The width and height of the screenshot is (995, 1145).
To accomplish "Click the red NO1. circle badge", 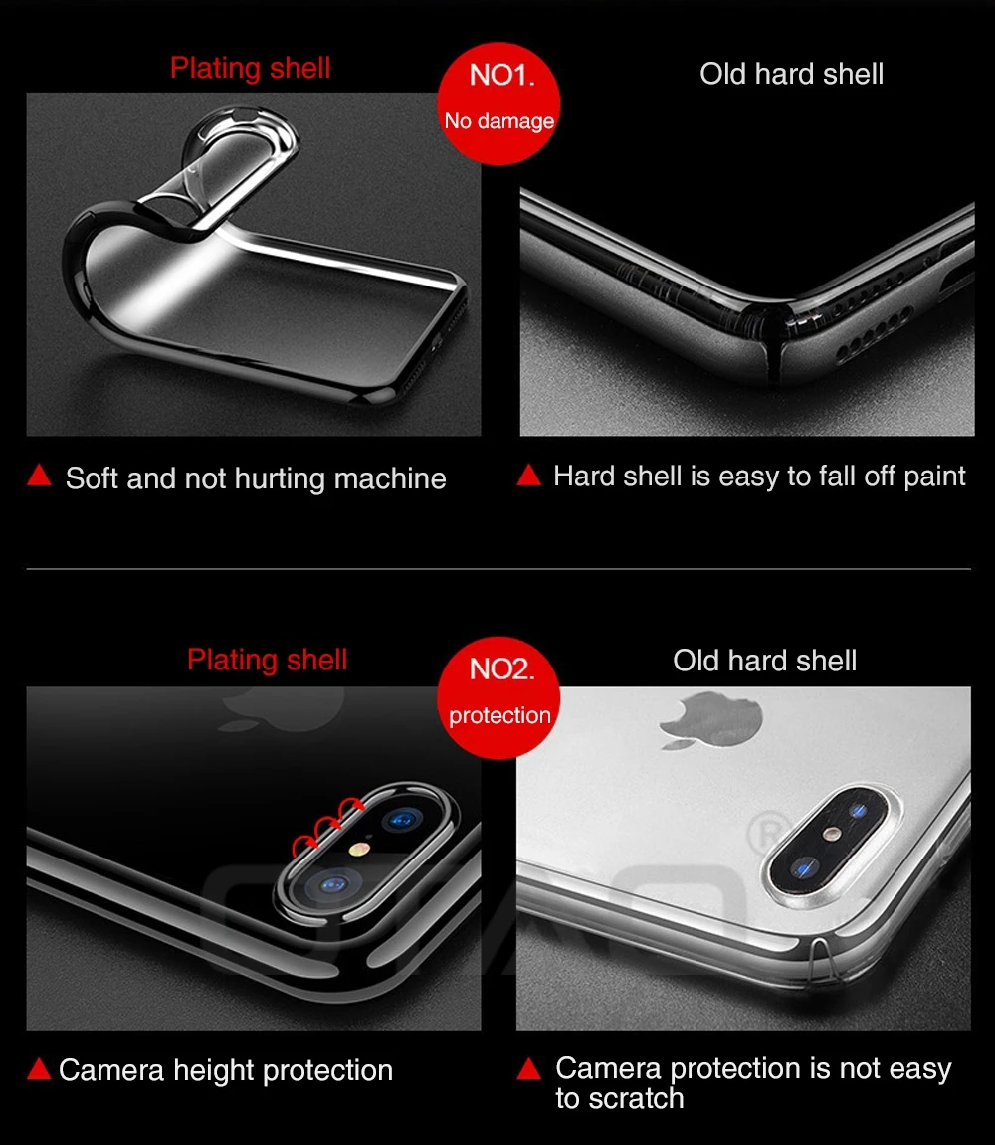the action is click(498, 103).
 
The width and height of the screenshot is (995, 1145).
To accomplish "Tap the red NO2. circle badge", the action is click(498, 698).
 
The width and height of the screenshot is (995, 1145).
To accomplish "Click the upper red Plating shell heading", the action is click(251, 68).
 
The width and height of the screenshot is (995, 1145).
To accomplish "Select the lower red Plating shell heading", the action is click(268, 660).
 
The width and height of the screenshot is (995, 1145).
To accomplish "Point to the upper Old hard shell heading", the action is click(792, 73).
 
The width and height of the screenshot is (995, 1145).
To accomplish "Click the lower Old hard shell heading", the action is click(765, 661).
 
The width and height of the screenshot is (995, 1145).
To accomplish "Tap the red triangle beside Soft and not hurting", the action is click(40, 476).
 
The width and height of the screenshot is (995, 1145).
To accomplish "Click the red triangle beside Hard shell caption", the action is click(529, 476).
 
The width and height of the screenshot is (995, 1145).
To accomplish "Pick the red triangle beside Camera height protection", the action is click(40, 1069).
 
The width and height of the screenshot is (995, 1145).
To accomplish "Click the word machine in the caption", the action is click(390, 479).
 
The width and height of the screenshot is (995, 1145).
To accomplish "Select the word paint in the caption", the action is click(935, 477).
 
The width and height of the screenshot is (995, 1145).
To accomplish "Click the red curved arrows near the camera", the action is click(327, 825).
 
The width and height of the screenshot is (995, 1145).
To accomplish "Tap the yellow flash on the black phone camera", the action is click(358, 849).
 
